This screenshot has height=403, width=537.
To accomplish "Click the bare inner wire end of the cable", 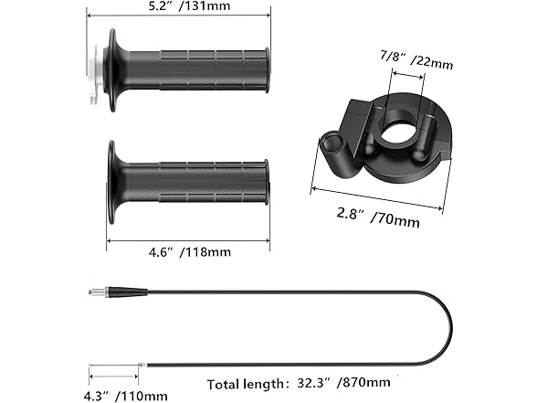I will pyautogui.click(x=142, y=364).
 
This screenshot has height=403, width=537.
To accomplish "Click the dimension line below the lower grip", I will pyautogui.click(x=188, y=242).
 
